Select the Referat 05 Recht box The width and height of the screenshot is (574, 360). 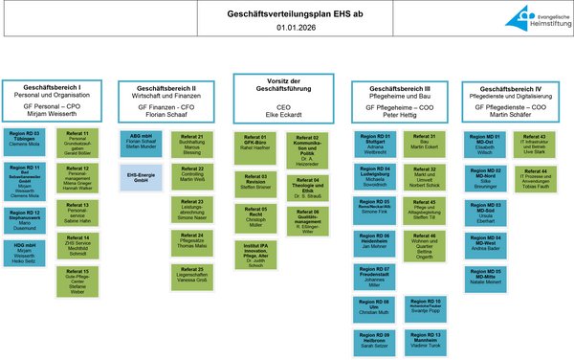(x=255, y=215)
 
